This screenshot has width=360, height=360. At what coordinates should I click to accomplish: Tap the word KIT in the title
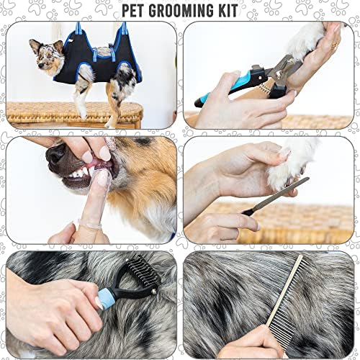click(227, 11)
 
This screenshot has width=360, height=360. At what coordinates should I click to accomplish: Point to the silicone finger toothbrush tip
click(104, 177)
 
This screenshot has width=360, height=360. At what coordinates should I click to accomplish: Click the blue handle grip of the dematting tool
click(106, 298)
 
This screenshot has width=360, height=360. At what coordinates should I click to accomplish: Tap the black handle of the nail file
click(248, 211)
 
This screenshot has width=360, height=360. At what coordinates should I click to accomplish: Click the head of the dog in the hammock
click(45, 55)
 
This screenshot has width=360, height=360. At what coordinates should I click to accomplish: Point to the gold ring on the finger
click(334, 45)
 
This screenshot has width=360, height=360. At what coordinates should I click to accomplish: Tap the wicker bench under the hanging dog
click(74, 114)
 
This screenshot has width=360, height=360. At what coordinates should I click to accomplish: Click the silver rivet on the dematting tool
click(154, 292)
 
